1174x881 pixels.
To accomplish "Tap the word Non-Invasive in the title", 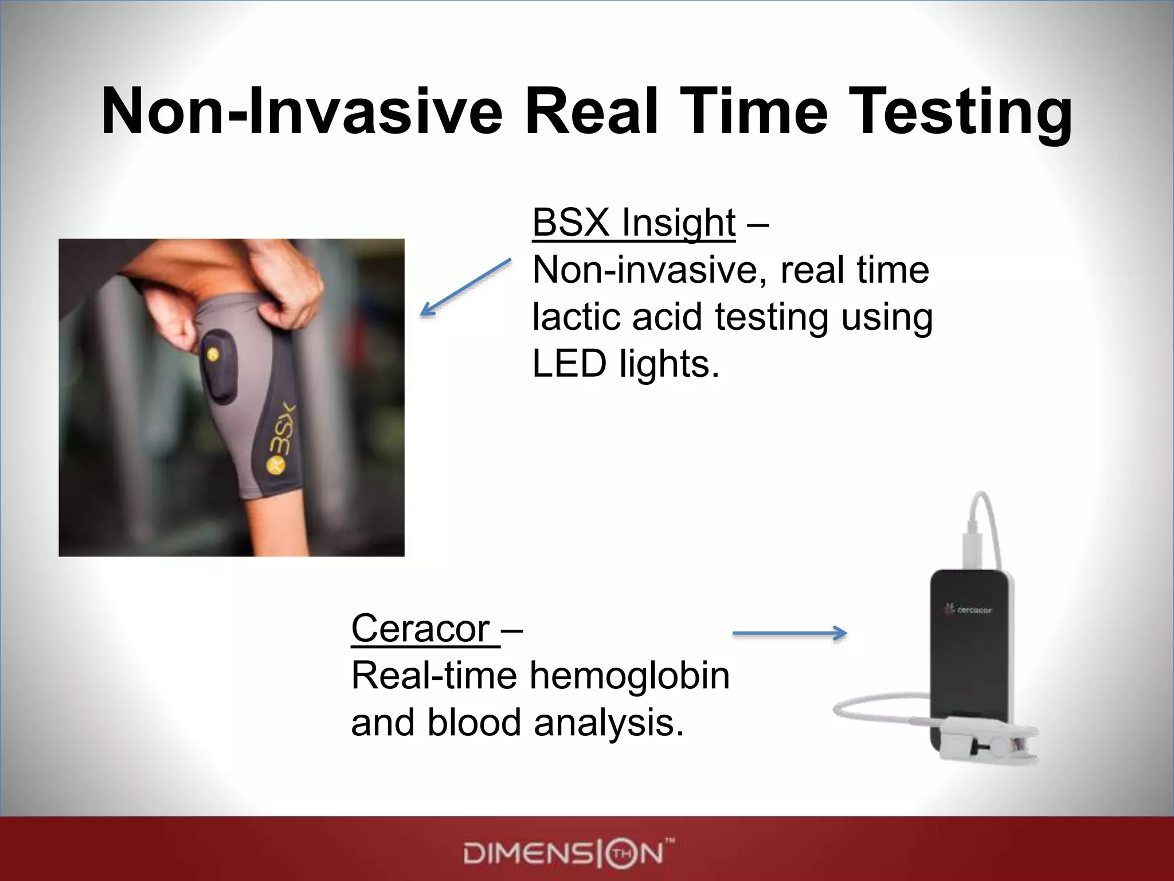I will [x=302, y=112].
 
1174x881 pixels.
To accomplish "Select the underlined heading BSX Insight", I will [x=633, y=223].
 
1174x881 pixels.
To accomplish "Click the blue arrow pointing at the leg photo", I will [x=465, y=287].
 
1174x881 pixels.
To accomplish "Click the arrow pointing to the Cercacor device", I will [x=789, y=633].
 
